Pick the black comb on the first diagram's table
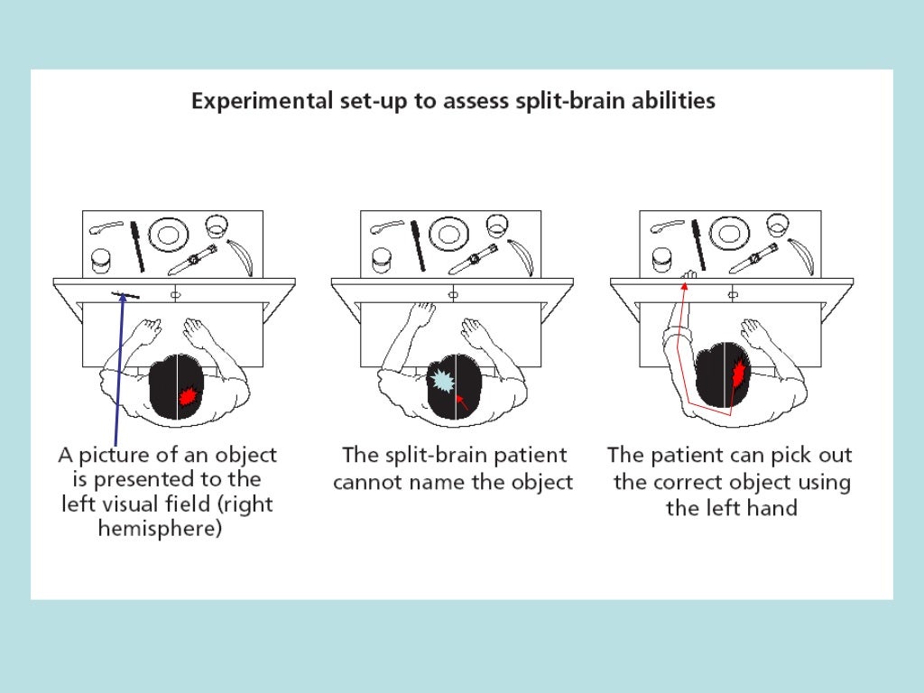point(136,245)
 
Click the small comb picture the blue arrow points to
point(124,295)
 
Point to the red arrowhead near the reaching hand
point(684,285)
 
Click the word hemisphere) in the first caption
point(158,529)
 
